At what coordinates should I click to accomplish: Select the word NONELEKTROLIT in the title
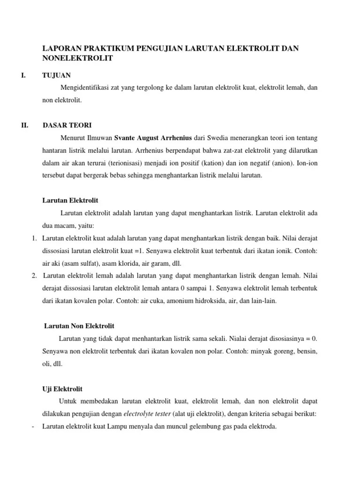pos(77,58)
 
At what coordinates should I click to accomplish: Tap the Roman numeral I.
pos(24,75)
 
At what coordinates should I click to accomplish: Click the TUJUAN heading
pos(57,75)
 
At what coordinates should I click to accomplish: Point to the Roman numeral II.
pos(25,125)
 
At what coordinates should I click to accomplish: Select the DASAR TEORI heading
pos(67,125)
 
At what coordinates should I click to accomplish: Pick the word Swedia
pos(218,138)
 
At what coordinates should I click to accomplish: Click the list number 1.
pos(35,238)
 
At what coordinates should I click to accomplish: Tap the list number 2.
pos(35,276)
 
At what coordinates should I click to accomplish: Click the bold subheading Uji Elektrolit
pos(62,389)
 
